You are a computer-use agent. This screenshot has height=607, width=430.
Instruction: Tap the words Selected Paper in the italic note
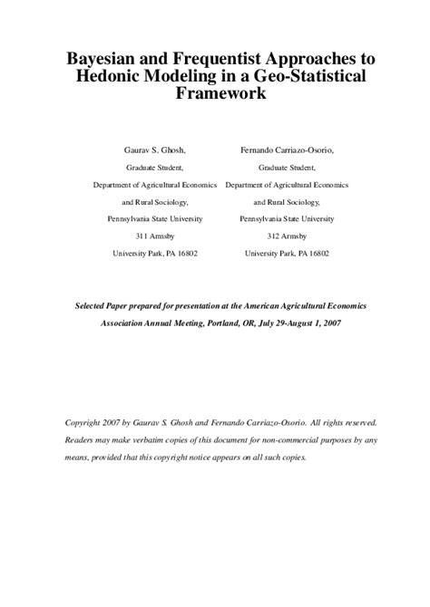[106, 306]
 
